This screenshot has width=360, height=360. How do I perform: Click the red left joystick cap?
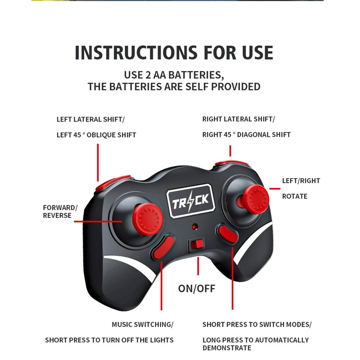pyautogui.click(x=148, y=219)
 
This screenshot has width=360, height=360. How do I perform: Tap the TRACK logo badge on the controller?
pyautogui.click(x=190, y=201)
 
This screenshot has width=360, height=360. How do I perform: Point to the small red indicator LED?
pyautogui.click(x=194, y=227)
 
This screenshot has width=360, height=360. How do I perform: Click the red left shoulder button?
pyautogui.click(x=112, y=183)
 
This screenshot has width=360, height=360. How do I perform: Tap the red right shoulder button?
pyautogui.click(x=231, y=163)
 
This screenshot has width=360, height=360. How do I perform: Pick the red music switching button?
pyautogui.click(x=163, y=248)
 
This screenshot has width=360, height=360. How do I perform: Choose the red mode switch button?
pyautogui.click(x=228, y=234)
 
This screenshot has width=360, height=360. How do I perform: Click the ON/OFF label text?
pyautogui.click(x=197, y=288)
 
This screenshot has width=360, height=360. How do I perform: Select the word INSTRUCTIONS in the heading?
pyautogui.click(x=136, y=53)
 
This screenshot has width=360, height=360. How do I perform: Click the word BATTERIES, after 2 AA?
pyautogui.click(x=196, y=75)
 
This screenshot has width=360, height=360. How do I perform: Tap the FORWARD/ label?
pyautogui.click(x=60, y=207)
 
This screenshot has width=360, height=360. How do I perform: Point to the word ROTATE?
pyautogui.click(x=295, y=196)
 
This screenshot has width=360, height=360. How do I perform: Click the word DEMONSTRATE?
pyautogui.click(x=227, y=348)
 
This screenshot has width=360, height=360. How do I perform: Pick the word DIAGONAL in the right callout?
pyautogui.click(x=251, y=135)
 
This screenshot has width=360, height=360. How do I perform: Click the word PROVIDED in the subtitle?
pyautogui.click(x=235, y=87)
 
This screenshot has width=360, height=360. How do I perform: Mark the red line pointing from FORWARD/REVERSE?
pyautogui.click(x=98, y=221)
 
